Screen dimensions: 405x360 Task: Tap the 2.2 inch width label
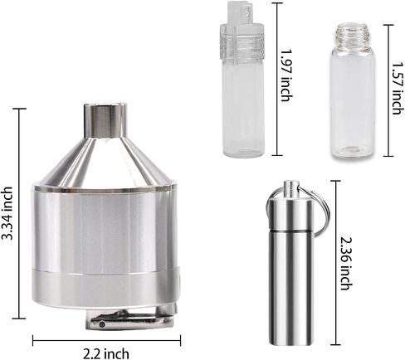pos(106,353)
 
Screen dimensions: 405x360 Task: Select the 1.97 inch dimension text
pos(286,75)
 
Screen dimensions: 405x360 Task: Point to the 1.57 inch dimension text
pos(397,88)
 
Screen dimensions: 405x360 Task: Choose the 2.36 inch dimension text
pos(347,263)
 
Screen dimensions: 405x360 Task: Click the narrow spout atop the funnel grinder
pos(105,120)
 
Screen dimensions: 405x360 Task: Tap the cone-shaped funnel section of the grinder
pos(105,160)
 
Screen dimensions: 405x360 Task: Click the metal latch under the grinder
pos(131,319)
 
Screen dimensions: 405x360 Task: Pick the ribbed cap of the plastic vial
pos(242,41)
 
